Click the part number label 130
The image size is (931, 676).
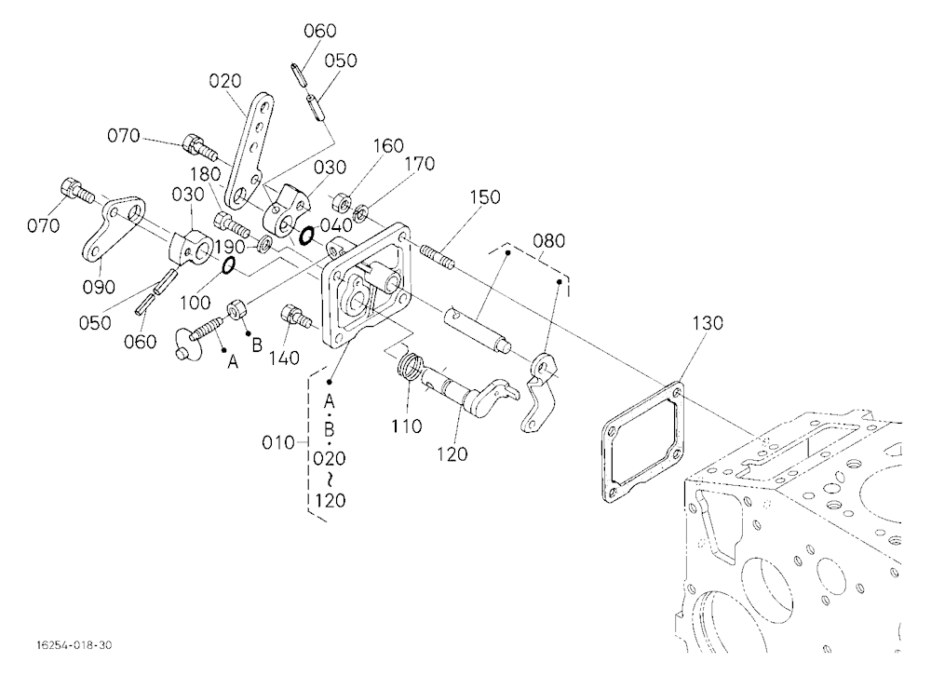click(x=708, y=323)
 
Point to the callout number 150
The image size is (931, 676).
click(x=485, y=197)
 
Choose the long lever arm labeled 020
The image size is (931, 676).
click(x=250, y=152)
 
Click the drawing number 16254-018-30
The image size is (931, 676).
click(x=73, y=645)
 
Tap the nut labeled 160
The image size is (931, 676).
click(x=339, y=203)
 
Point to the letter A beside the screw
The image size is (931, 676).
click(x=233, y=361)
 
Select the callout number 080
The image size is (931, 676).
click(x=548, y=241)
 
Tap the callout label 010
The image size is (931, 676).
click(x=277, y=442)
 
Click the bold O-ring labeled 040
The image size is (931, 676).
click(x=307, y=236)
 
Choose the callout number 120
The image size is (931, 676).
click(x=452, y=454)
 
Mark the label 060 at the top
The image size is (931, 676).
click(x=320, y=31)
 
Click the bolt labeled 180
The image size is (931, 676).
click(x=230, y=224)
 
